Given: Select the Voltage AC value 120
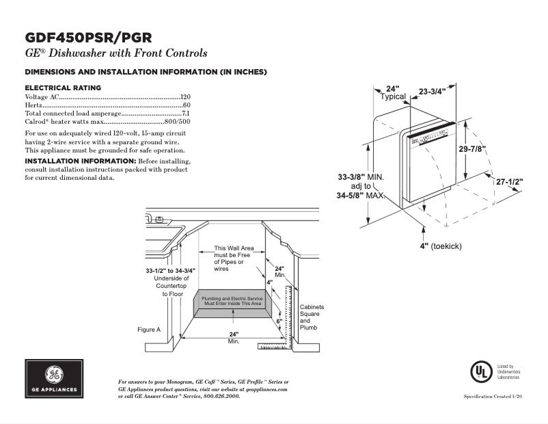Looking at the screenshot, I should pos(184,98).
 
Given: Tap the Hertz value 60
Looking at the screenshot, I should pos(186,105).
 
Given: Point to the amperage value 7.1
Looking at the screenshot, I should pos(185,113).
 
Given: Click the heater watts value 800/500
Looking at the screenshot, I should pos(177,120).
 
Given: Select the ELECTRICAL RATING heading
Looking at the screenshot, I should pos(63,88).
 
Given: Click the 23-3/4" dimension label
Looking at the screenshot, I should pos(432,91).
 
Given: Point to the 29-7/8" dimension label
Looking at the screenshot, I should pos(472,149).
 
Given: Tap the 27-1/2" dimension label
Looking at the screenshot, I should pos(509,182).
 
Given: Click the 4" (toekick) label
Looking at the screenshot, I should pos(441,245).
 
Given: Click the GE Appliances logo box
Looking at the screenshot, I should pos(54,379).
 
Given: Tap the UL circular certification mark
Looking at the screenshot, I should pos(480,371).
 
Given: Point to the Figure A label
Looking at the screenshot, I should pos(149,330).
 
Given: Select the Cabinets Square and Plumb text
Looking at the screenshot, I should pos(312,317).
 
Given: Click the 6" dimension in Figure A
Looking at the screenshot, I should pos(279,320).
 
